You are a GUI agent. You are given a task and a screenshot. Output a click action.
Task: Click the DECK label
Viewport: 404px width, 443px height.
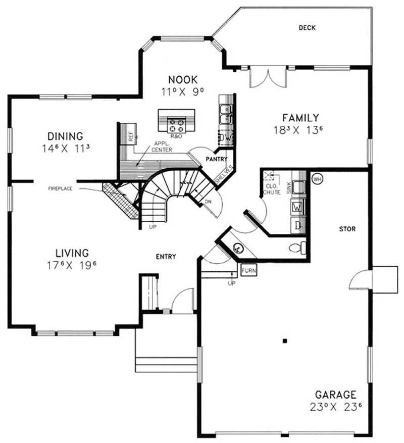[x=307, y=28]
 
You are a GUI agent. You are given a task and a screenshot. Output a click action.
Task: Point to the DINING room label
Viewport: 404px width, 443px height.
[x=65, y=136]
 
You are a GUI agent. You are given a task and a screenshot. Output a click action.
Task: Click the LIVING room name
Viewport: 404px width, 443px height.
[x=72, y=253]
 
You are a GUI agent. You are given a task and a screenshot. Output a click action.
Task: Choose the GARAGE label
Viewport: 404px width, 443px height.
[x=336, y=395]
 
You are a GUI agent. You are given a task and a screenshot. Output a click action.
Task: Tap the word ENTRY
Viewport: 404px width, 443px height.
[x=166, y=257]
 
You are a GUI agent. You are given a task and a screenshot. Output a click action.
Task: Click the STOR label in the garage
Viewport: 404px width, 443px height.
[x=348, y=229]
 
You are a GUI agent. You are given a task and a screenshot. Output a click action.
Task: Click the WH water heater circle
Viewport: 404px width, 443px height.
[x=318, y=179]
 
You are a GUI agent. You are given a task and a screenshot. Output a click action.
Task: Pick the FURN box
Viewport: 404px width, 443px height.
[x=249, y=271]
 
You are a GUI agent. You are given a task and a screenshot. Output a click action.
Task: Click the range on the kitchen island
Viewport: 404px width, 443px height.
[x=177, y=122]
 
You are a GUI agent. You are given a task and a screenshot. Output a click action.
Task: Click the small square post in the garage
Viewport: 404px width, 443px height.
[x=285, y=341]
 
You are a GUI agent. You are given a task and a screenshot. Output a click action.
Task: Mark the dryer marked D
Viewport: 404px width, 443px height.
[x=298, y=225]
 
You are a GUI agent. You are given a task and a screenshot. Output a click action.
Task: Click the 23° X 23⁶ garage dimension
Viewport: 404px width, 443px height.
[x=336, y=407]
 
